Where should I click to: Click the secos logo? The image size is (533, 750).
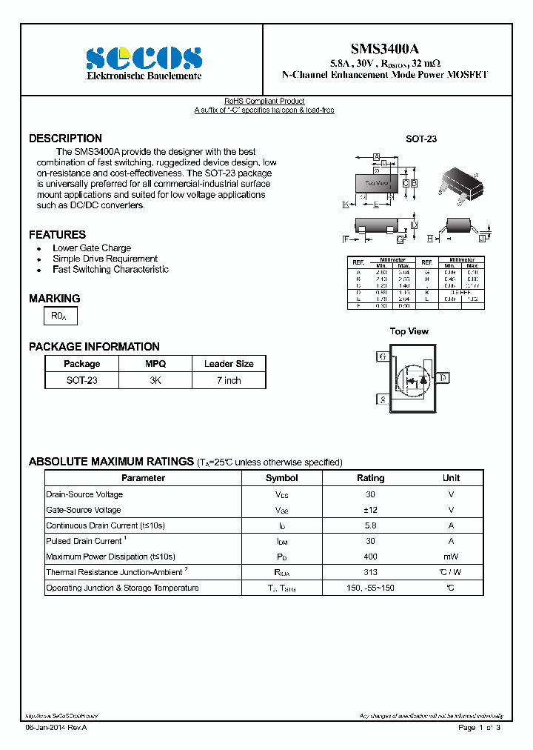pyautogui.click(x=143, y=58)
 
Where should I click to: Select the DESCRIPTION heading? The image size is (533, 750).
pyautogui.click(x=65, y=139)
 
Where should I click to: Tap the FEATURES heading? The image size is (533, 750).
pyautogui.click(x=57, y=234)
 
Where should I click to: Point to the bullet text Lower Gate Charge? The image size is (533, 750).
pyautogui.click(x=92, y=248)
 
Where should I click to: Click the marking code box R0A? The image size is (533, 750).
pyautogui.click(x=60, y=316)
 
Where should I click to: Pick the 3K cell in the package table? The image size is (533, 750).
pyautogui.click(x=155, y=380)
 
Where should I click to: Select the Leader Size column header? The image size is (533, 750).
pyautogui.click(x=229, y=364)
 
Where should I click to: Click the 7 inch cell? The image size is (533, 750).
pyautogui.click(x=229, y=380)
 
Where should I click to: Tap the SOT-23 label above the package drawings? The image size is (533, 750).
pyautogui.click(x=420, y=139)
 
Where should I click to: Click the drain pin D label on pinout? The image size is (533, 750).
pyautogui.click(x=443, y=378)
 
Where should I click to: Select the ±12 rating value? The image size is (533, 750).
pyautogui.click(x=370, y=510)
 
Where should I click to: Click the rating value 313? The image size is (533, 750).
pyautogui.click(x=370, y=572)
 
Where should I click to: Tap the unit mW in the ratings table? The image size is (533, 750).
pyautogui.click(x=451, y=557)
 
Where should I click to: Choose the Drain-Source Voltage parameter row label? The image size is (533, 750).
pyautogui.click(x=84, y=494)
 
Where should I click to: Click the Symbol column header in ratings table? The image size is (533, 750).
pyautogui.click(x=281, y=478)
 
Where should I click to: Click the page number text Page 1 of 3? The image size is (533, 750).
pyautogui.click(x=479, y=728)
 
